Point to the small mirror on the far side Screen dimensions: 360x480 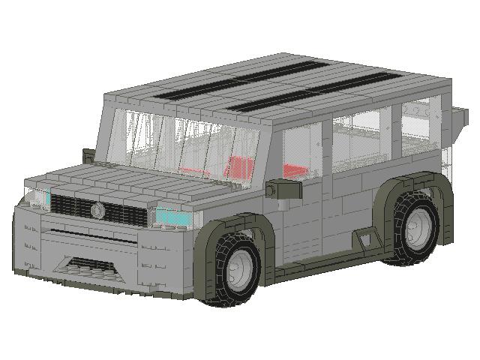pyautogui.click(x=88, y=155)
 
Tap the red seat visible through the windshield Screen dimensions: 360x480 pyautogui.click(x=238, y=167)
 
